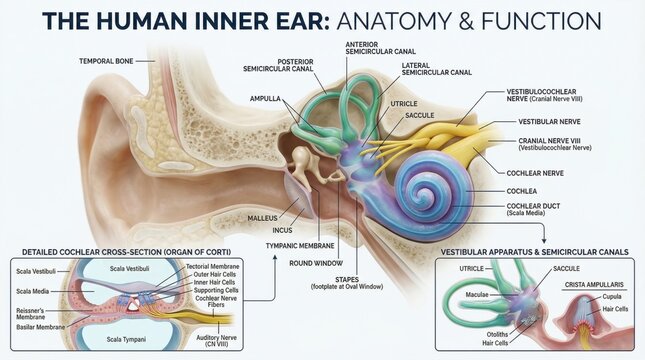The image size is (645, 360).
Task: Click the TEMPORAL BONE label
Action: (105, 61)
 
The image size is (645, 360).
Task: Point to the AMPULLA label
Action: (266, 98)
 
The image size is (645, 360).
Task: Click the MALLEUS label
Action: (262, 215)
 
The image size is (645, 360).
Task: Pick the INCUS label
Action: (281, 229)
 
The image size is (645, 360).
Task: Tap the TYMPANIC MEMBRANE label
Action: (299, 245)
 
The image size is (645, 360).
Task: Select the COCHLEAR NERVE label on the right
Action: (535, 172)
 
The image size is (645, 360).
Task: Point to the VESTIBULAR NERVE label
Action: (541, 121)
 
